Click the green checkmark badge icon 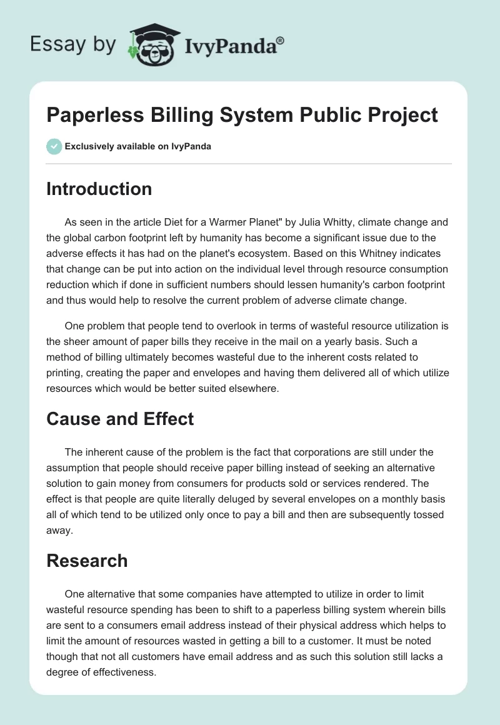[x=54, y=147]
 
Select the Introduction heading [x=99, y=189]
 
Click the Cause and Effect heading [x=120, y=418]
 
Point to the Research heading [x=87, y=561]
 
